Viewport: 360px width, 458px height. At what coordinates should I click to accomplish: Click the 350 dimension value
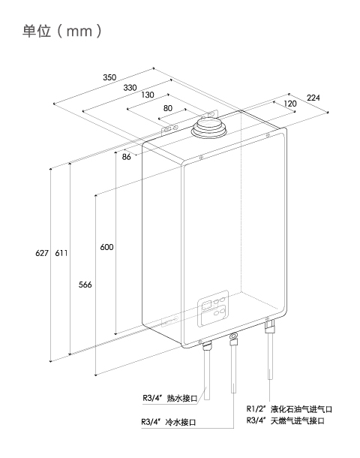point(109,77)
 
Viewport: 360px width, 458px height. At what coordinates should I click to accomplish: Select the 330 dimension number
point(130,87)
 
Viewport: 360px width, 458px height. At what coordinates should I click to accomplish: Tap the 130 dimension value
point(148,95)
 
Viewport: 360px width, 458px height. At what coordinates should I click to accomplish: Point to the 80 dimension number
point(168,108)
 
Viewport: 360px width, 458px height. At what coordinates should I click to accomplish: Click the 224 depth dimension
point(313,98)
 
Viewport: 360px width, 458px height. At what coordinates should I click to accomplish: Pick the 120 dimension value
point(289,104)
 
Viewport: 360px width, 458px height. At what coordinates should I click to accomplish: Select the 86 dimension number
point(126,157)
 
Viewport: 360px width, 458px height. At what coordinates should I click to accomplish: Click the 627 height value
point(42,253)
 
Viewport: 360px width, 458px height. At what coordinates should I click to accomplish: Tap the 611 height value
point(61,253)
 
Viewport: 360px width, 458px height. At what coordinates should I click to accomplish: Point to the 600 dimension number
point(106,247)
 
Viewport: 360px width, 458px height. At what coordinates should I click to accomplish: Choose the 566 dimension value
point(85,285)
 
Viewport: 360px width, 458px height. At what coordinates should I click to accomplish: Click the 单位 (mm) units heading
point(62,31)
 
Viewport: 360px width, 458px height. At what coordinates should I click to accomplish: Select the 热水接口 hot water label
point(182,398)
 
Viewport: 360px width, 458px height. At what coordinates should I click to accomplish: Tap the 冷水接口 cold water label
point(181,422)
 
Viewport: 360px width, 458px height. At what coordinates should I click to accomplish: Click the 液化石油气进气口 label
point(301,409)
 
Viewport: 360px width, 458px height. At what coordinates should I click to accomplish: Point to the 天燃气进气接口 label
point(298,420)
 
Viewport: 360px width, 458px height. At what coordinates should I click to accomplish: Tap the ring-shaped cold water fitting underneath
point(234,337)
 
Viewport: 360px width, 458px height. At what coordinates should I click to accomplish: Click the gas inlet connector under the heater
point(269,325)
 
